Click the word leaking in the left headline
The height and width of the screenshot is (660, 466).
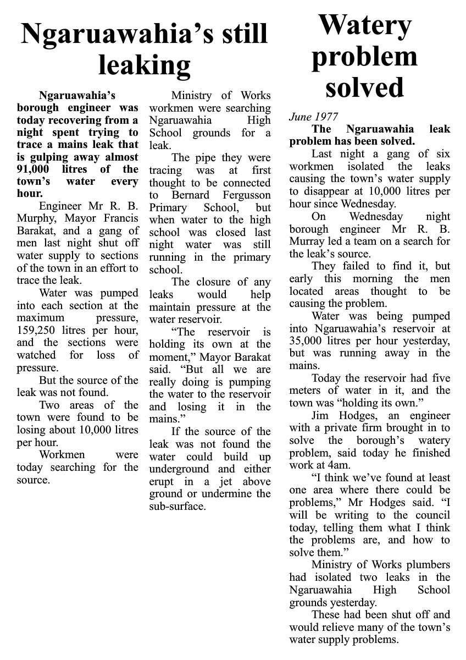144,65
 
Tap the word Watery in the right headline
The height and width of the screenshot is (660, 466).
364,25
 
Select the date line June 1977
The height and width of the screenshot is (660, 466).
314,117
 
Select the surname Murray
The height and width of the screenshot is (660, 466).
309,241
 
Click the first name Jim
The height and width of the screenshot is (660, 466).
320,416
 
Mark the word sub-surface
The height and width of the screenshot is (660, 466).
177,506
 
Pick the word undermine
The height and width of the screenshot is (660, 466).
220,493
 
